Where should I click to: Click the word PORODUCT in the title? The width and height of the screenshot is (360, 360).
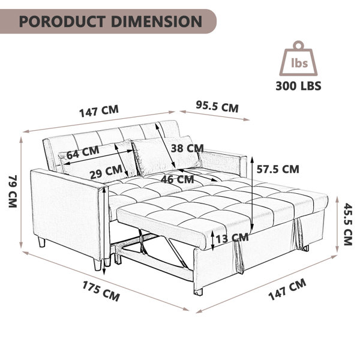point(62,22)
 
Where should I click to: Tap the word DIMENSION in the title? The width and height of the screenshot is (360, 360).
point(157,22)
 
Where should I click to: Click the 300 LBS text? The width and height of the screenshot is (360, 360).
point(298,86)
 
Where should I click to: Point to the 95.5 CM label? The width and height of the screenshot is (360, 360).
point(217,107)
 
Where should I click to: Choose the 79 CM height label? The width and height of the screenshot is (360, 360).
point(13,191)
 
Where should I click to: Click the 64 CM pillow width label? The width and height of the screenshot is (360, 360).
point(83,152)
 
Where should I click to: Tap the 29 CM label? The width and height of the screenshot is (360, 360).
point(106,172)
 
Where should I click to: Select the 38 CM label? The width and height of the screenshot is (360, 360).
point(187,148)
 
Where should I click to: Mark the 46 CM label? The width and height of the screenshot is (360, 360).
point(177,179)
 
